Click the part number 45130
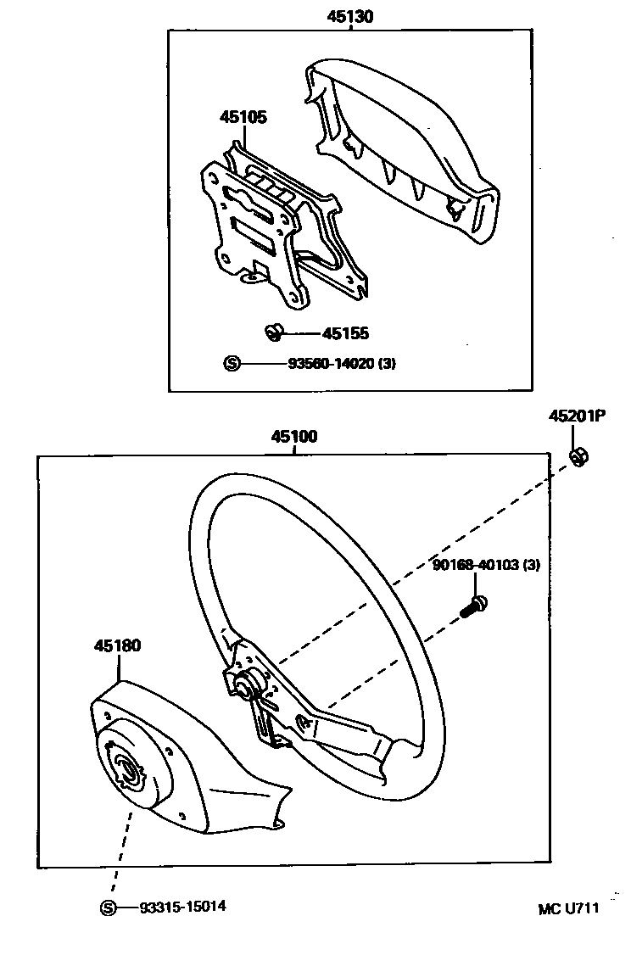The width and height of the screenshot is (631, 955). [x=350, y=16]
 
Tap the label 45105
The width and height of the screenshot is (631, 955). [x=243, y=117]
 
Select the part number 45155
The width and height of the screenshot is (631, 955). [x=345, y=334]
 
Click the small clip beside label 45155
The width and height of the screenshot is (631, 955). [x=274, y=332]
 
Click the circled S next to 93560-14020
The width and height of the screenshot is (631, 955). [x=232, y=364]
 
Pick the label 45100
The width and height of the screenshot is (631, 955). [x=294, y=438]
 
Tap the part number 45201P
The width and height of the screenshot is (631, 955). [x=577, y=416]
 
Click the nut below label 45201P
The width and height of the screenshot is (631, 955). [x=579, y=457]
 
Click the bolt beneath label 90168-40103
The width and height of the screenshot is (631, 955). [x=472, y=606]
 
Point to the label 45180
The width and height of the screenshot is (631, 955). [x=117, y=646]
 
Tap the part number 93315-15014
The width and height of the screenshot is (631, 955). [x=183, y=907]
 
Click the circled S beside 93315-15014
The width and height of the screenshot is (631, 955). [x=108, y=908]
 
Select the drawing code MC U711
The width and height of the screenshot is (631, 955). [x=568, y=908]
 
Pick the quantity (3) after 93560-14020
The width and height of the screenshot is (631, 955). [x=388, y=364]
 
